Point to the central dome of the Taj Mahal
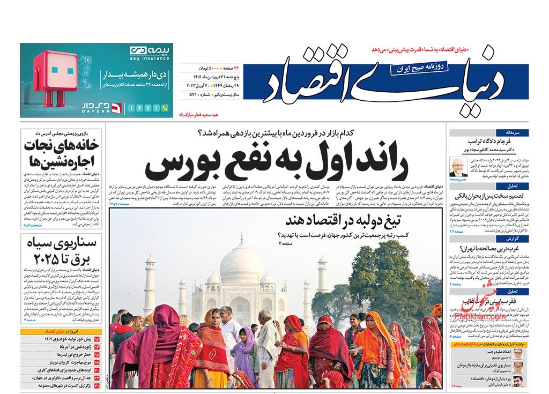point(242,259)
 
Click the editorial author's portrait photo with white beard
point(459,166)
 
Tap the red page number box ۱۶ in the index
point(97,339)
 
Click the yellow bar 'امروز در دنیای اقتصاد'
point(61,331)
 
